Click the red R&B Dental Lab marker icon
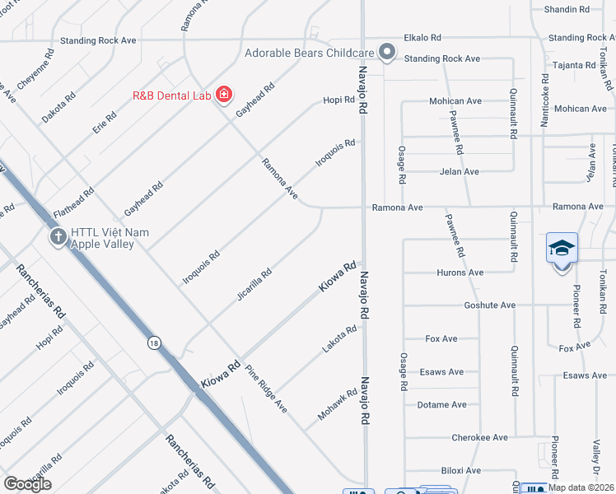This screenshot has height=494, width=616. (223, 96)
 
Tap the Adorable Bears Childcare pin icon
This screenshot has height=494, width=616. (387, 54)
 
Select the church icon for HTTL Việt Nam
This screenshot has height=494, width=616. (58, 238)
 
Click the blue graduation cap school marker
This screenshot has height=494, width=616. (562, 248)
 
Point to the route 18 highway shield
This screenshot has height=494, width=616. (154, 343)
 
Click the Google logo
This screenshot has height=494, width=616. (27, 484)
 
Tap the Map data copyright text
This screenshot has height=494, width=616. (581, 487)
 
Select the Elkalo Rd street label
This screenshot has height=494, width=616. (422, 38)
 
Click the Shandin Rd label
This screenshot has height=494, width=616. (567, 10)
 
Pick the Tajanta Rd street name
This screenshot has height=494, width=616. (574, 65)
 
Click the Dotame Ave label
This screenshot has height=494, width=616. (441, 405)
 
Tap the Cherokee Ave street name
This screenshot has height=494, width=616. (480, 438)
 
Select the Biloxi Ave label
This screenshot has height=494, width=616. (460, 471)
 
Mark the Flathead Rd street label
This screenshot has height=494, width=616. (73, 203)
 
